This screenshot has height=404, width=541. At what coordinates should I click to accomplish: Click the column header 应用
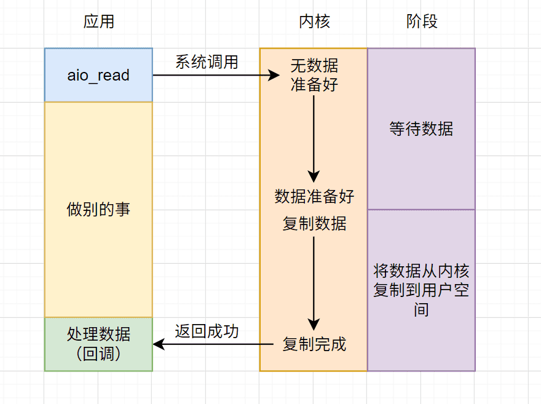click(98, 22)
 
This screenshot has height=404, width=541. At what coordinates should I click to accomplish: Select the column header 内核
click(314, 22)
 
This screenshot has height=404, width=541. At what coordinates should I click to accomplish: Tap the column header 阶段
click(422, 22)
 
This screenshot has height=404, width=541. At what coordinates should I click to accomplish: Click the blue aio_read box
click(98, 75)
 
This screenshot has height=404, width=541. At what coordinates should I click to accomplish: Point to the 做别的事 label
click(98, 210)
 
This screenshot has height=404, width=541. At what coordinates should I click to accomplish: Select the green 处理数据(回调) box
click(98, 344)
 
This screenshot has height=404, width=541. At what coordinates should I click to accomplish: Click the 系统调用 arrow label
click(207, 62)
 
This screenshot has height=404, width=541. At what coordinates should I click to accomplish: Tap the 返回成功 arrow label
click(207, 331)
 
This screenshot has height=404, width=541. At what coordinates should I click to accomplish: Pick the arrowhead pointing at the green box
click(158, 344)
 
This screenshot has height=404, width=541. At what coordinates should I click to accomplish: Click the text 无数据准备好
click(314, 75)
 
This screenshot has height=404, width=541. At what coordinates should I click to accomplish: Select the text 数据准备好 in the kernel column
click(314, 197)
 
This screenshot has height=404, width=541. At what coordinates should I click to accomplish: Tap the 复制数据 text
click(314, 224)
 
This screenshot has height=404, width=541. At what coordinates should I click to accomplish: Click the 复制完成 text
click(314, 344)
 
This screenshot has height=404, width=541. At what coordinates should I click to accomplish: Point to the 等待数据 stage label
click(422, 129)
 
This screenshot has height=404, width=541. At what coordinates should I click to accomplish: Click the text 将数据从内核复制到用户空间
click(422, 290)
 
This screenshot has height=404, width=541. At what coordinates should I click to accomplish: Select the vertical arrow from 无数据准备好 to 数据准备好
click(314, 135)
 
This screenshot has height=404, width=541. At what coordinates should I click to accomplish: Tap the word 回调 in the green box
click(98, 354)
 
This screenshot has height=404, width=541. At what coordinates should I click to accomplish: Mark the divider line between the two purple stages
click(422, 210)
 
